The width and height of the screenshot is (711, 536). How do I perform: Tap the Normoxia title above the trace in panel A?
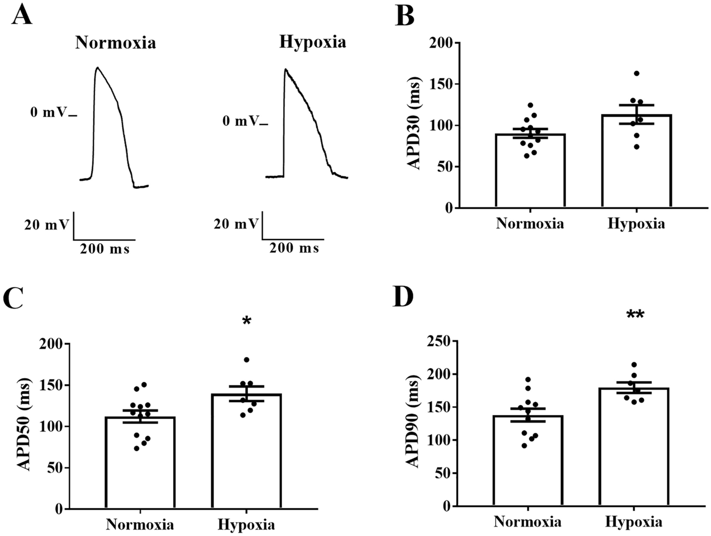[115, 43]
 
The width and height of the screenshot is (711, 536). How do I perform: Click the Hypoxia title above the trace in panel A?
[312, 42]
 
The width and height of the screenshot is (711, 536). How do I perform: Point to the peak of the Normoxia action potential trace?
[97, 67]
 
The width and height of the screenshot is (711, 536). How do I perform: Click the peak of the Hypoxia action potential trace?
[286, 69]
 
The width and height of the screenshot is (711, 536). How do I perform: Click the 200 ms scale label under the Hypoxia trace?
[294, 248]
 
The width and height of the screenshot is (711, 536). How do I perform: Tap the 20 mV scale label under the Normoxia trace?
[46, 225]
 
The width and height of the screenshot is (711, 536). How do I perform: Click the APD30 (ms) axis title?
[415, 124]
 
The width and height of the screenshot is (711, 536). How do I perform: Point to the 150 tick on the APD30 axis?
[441, 84]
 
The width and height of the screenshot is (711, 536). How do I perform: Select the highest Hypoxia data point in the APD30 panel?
[637, 73]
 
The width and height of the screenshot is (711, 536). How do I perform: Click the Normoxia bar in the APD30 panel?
[530, 171]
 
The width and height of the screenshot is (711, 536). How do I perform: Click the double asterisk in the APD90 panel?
[635, 315]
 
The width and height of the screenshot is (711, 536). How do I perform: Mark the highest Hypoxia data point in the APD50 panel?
[247, 360]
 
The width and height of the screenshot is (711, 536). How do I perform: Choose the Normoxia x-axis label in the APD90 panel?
[528, 522]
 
